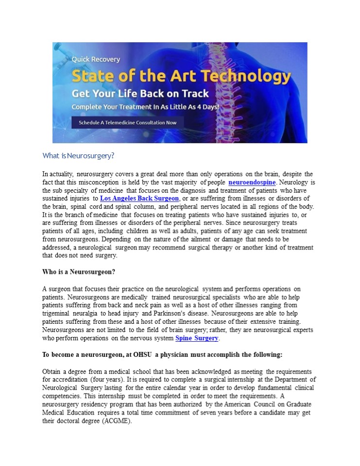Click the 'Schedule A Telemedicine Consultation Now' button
tap(128, 123)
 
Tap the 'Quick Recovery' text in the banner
tap(96, 59)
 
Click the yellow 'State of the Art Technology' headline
tap(181, 76)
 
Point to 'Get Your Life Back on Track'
tap(140, 94)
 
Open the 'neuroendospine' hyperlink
tap(252, 183)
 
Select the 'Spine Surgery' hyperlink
tap(197, 338)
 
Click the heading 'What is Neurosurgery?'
tap(78, 156)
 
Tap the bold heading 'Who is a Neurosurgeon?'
tap(79, 271)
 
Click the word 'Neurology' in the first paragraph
tap(293, 183)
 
